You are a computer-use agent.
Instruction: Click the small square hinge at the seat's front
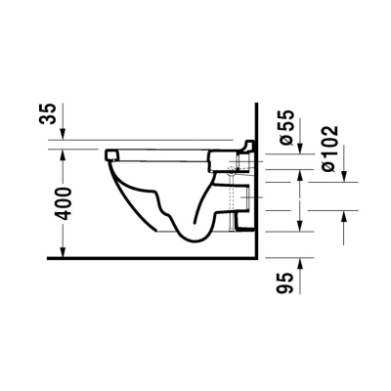(x=111, y=153)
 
